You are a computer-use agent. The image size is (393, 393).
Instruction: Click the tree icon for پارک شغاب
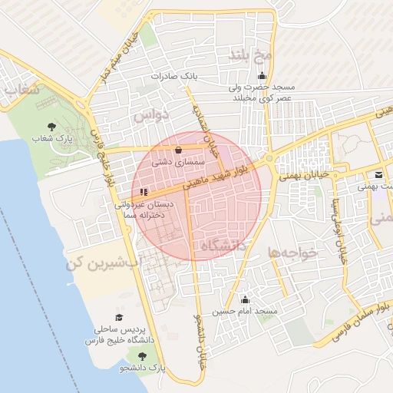pos(51,125)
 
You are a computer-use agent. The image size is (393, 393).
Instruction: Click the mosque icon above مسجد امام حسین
pos(245,299)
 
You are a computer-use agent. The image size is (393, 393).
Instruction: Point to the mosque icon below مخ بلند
pos(263,75)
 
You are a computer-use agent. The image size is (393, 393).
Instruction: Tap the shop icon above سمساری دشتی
pos(179,150)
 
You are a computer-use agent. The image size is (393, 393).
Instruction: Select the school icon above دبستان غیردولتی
pos(144,192)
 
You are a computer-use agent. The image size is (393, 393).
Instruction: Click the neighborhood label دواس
pos(150,117)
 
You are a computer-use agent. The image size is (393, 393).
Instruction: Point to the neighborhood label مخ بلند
pos(250,55)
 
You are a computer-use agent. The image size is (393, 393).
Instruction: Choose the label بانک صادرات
pos(174,77)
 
